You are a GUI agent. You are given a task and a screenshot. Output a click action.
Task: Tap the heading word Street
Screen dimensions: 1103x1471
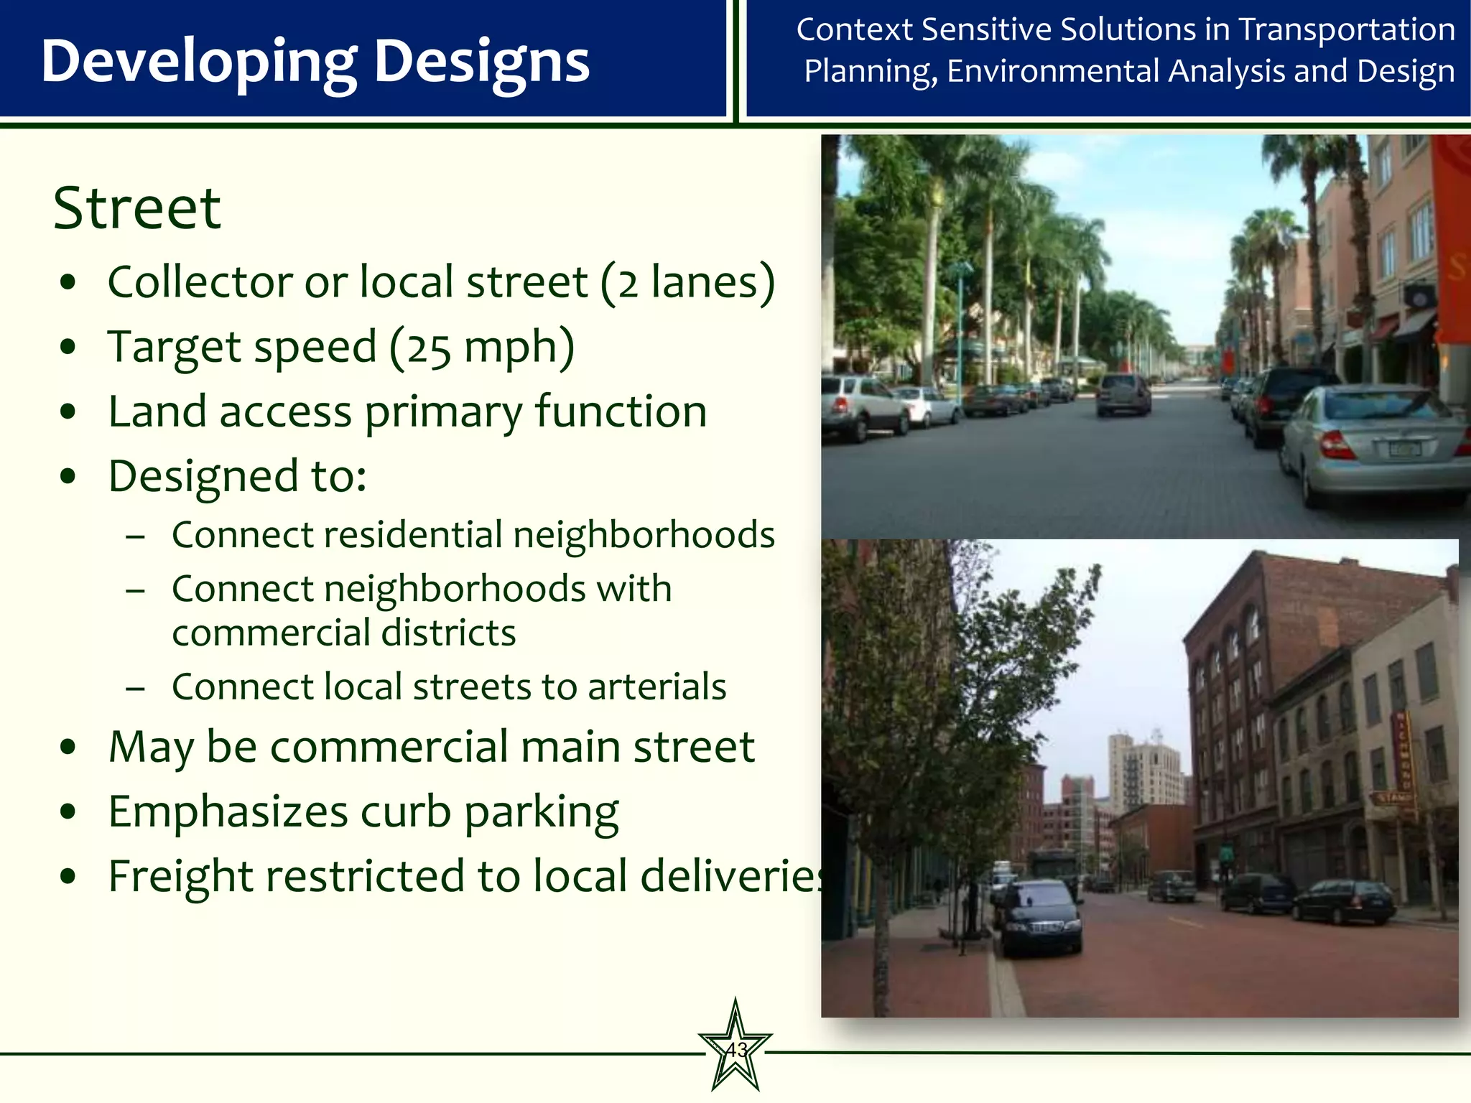[137, 208]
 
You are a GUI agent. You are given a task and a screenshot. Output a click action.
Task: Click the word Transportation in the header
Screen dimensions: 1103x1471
[1347, 30]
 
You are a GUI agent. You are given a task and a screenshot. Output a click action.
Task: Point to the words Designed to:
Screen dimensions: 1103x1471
[237, 476]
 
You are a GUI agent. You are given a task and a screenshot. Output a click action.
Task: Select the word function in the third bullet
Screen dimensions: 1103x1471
[621, 412]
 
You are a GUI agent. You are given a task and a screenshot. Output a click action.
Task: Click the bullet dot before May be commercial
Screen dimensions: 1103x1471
[69, 748]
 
